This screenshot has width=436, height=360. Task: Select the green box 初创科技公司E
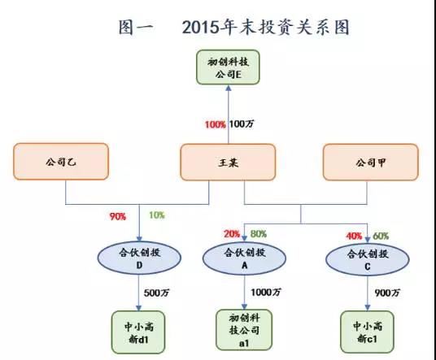pos(228,67)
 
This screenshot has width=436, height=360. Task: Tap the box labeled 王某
pos(228,163)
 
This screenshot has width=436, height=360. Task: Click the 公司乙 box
pos(61,162)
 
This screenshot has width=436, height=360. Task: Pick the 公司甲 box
pos(371,163)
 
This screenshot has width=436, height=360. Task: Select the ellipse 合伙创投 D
pos(139,258)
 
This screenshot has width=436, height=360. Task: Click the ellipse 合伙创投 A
pos(244,258)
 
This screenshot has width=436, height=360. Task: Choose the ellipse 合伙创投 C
pos(368,259)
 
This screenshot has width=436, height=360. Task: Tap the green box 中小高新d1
pos(138,332)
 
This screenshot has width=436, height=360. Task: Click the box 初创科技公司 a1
pos(244,330)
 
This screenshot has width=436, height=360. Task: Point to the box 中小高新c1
pos(368,332)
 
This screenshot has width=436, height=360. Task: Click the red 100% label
pos(216,124)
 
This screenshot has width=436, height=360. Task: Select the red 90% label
pos(118,216)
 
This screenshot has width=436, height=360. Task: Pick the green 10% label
pos(157,215)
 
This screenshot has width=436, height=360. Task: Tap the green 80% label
pos(259,234)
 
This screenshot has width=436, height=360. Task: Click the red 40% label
pos(354,236)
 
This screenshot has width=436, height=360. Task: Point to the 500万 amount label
pos(156,293)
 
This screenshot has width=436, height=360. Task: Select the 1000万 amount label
pos(266,293)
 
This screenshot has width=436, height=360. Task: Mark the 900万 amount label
pos(387,293)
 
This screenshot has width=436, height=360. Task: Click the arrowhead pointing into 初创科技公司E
pos(229,88)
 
